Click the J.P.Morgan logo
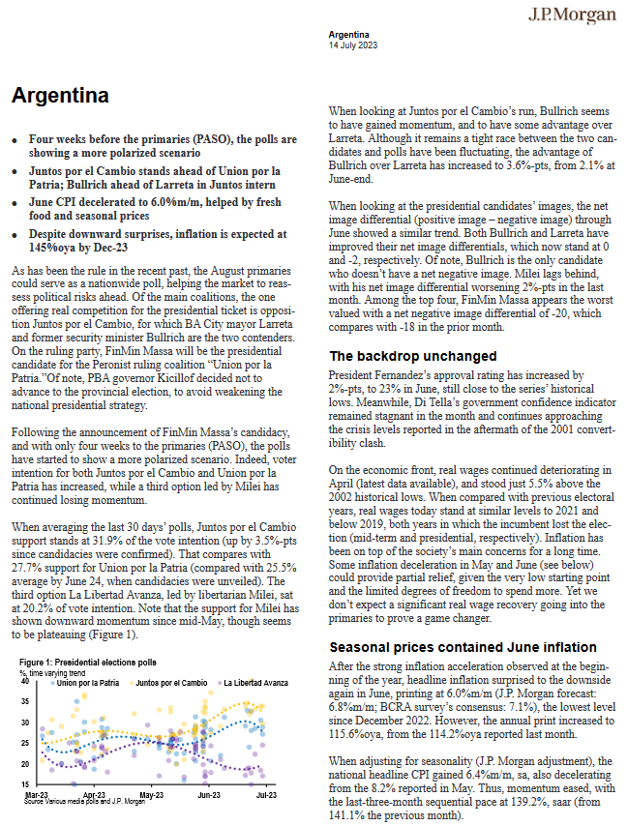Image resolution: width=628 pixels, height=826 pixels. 572,15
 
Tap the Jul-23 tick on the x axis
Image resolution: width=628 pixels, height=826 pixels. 266,794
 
